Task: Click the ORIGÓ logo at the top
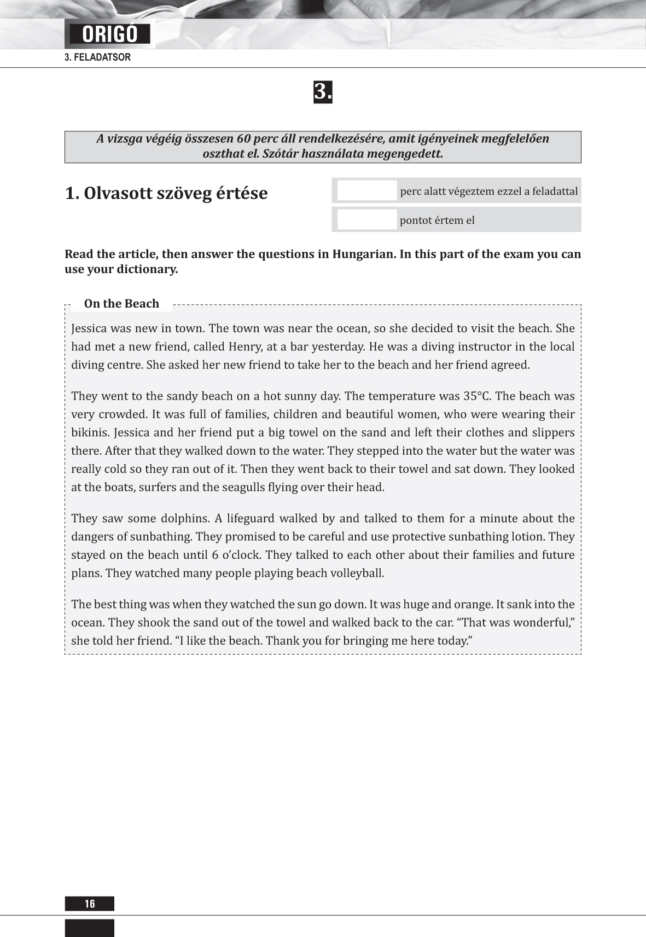[110, 34]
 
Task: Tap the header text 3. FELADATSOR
[98, 57]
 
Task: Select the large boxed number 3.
[323, 92]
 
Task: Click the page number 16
[90, 904]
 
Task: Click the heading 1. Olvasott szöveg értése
[166, 193]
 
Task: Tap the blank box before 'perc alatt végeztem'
[366, 191]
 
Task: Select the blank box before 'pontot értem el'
[366, 220]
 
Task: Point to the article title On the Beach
[121, 304]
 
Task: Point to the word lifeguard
[254, 518]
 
